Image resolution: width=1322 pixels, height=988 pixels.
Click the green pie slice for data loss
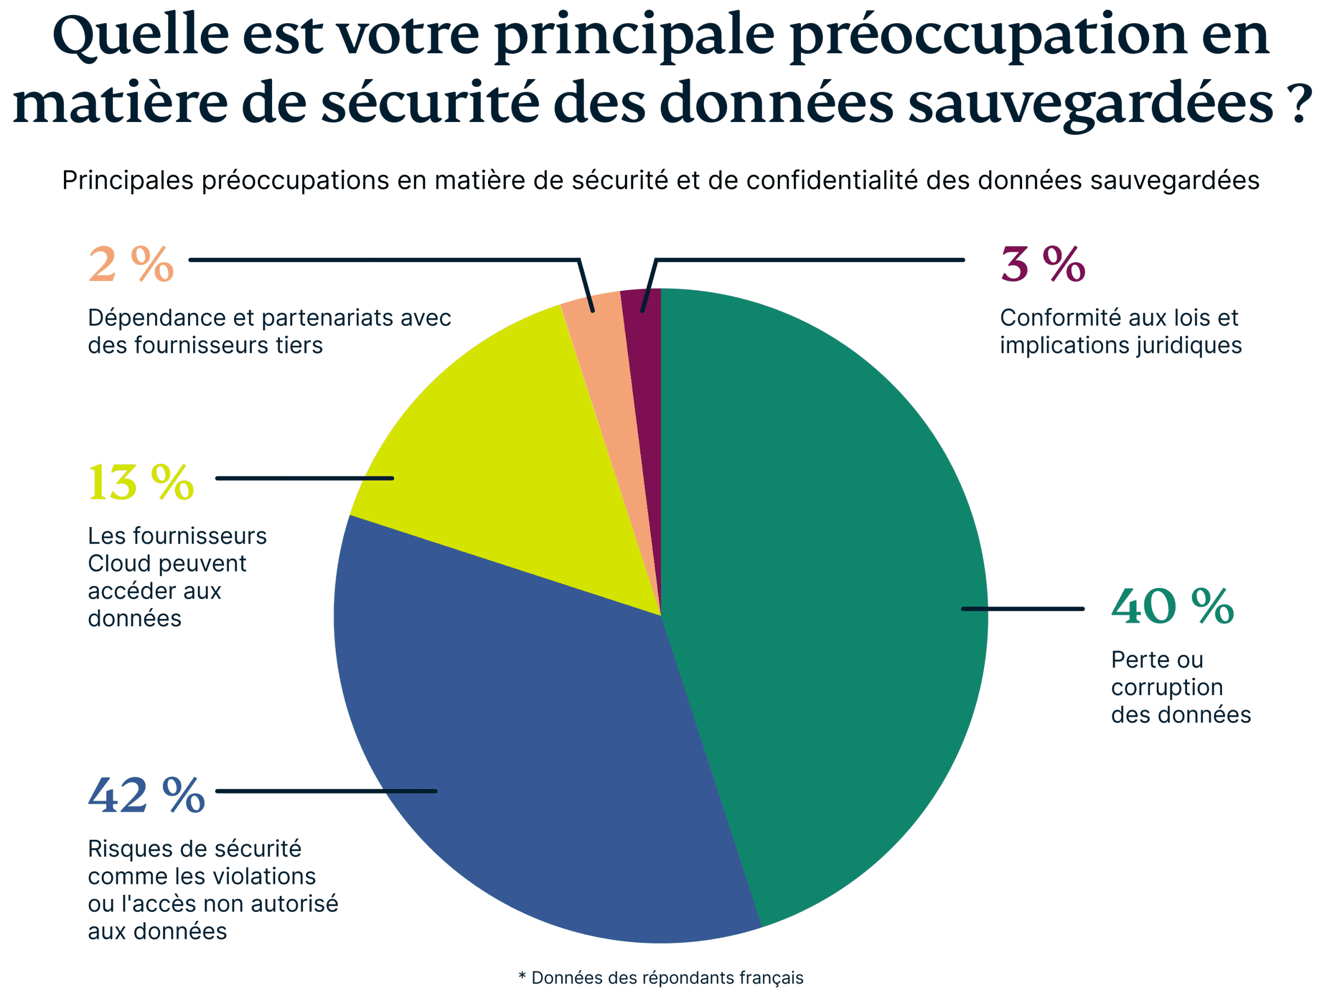click(825, 598)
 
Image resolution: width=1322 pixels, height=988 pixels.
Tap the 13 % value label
click(141, 482)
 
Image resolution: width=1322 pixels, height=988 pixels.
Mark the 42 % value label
click(147, 795)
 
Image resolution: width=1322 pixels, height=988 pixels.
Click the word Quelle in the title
click(141, 37)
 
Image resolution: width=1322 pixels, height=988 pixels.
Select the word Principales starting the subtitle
click(128, 181)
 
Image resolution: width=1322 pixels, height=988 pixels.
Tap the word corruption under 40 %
click(1167, 688)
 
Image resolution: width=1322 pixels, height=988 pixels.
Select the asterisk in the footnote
click(522, 976)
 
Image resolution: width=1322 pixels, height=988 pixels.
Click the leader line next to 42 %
click(326, 791)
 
